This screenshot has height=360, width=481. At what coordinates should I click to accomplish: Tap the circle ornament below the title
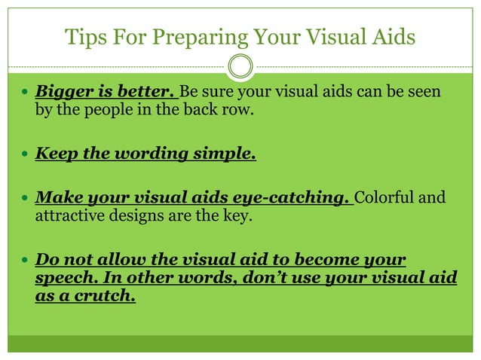[x=240, y=67]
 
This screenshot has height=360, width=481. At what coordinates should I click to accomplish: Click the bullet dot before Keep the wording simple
[x=24, y=155]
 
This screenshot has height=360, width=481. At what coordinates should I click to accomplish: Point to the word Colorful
[x=384, y=198]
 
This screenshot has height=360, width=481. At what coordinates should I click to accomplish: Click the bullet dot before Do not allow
[x=24, y=261]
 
